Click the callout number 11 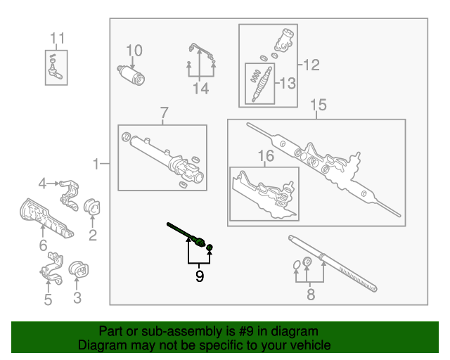[x=57, y=38]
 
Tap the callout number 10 [x=134, y=51]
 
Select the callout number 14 [x=201, y=89]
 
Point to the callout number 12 [x=310, y=65]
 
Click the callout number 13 [x=288, y=84]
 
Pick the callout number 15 [x=319, y=105]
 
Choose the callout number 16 [x=264, y=157]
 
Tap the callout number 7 [x=164, y=113]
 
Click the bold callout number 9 [x=199, y=276]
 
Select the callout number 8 [x=311, y=295]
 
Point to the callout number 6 [x=43, y=245]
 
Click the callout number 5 [x=48, y=300]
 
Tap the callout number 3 [x=77, y=298]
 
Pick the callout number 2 [x=93, y=235]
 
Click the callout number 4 [x=42, y=184]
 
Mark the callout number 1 [x=96, y=165]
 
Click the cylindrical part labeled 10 [x=131, y=73]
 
